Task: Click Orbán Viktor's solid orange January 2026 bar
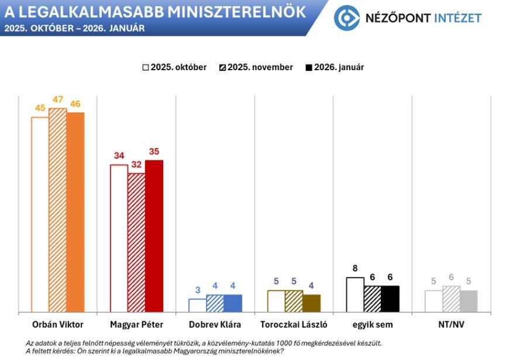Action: click(75, 212)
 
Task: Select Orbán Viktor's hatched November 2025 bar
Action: click(57, 210)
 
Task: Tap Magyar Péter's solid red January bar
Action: click(154, 236)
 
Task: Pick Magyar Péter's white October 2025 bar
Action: click(119, 238)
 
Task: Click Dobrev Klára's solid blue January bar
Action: click(232, 303)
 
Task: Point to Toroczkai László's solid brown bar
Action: click(311, 303)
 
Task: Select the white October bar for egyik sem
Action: click(355, 294)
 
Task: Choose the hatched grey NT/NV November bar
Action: click(451, 299)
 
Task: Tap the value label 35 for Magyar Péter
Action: click(154, 152)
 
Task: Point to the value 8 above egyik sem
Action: click(355, 269)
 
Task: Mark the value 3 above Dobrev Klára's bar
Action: click(198, 290)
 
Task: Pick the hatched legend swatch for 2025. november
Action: click(223, 68)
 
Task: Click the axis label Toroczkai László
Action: click(294, 324)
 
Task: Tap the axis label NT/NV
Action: click(451, 324)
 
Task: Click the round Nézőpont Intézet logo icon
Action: click(346, 18)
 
